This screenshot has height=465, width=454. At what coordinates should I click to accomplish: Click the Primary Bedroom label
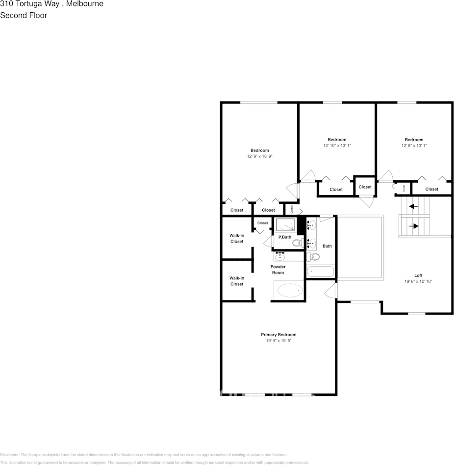[278, 335]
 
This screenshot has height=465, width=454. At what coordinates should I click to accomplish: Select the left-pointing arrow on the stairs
[414, 206]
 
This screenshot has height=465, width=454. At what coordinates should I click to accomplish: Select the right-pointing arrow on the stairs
[414, 226]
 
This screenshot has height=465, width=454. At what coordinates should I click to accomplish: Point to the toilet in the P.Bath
[297, 243]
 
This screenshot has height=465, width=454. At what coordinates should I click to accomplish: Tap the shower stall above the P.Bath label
[285, 225]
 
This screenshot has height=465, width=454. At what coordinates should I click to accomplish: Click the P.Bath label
[285, 237]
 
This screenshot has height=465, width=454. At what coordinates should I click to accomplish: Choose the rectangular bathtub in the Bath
[320, 271]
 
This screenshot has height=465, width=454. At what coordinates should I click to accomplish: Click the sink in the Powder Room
[280, 257]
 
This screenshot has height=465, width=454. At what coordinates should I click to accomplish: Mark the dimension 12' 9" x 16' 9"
[259, 156]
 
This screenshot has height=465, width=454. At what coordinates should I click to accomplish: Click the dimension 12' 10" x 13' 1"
[337, 146]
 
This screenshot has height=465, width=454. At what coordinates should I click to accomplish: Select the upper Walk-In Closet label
[237, 238]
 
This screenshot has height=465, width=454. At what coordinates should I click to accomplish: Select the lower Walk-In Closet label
[237, 281]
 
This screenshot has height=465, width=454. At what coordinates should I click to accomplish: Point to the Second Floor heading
[24, 15]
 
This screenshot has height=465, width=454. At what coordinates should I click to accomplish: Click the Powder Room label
[278, 269]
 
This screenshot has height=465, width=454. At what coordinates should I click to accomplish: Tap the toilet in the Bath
[315, 256]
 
